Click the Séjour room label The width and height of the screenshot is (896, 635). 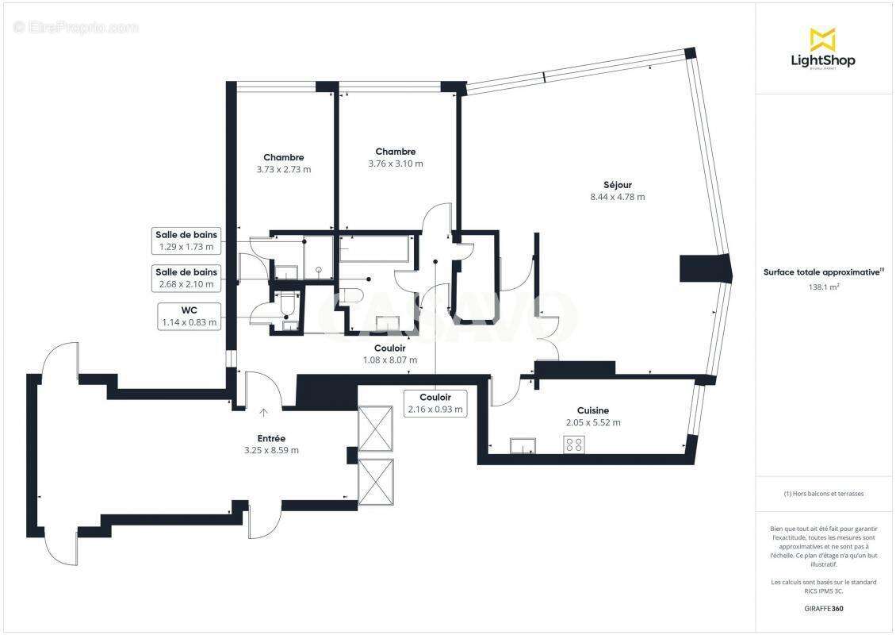point(616,185)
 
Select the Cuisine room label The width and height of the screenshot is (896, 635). point(593,410)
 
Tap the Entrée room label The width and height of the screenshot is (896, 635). point(271,438)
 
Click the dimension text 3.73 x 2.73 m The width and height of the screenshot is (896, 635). point(283,169)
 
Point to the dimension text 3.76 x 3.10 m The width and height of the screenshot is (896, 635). point(395,164)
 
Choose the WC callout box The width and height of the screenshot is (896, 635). point(188,316)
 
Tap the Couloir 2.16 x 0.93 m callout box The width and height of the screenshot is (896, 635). point(435,403)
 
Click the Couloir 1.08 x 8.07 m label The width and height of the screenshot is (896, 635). point(389,354)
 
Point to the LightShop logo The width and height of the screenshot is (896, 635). point(823,49)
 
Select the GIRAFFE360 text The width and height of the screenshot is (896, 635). point(824,609)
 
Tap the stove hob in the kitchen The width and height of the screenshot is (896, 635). point(574,445)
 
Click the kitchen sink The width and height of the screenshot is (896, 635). point(523,445)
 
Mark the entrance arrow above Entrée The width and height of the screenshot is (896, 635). point(263,412)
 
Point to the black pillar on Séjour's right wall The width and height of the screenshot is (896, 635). point(703,268)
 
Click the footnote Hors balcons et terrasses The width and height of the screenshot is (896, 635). point(824,494)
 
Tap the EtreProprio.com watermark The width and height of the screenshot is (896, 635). point(76,28)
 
